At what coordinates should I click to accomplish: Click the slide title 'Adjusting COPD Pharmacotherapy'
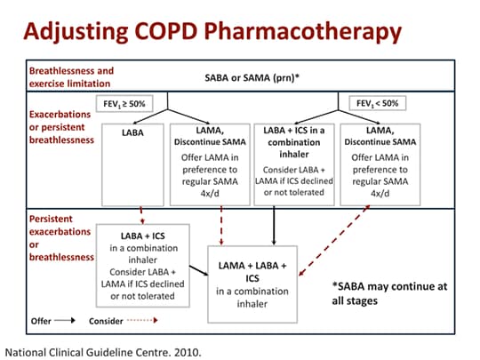tap(212, 33)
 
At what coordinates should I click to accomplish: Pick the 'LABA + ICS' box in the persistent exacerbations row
tap(148, 265)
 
